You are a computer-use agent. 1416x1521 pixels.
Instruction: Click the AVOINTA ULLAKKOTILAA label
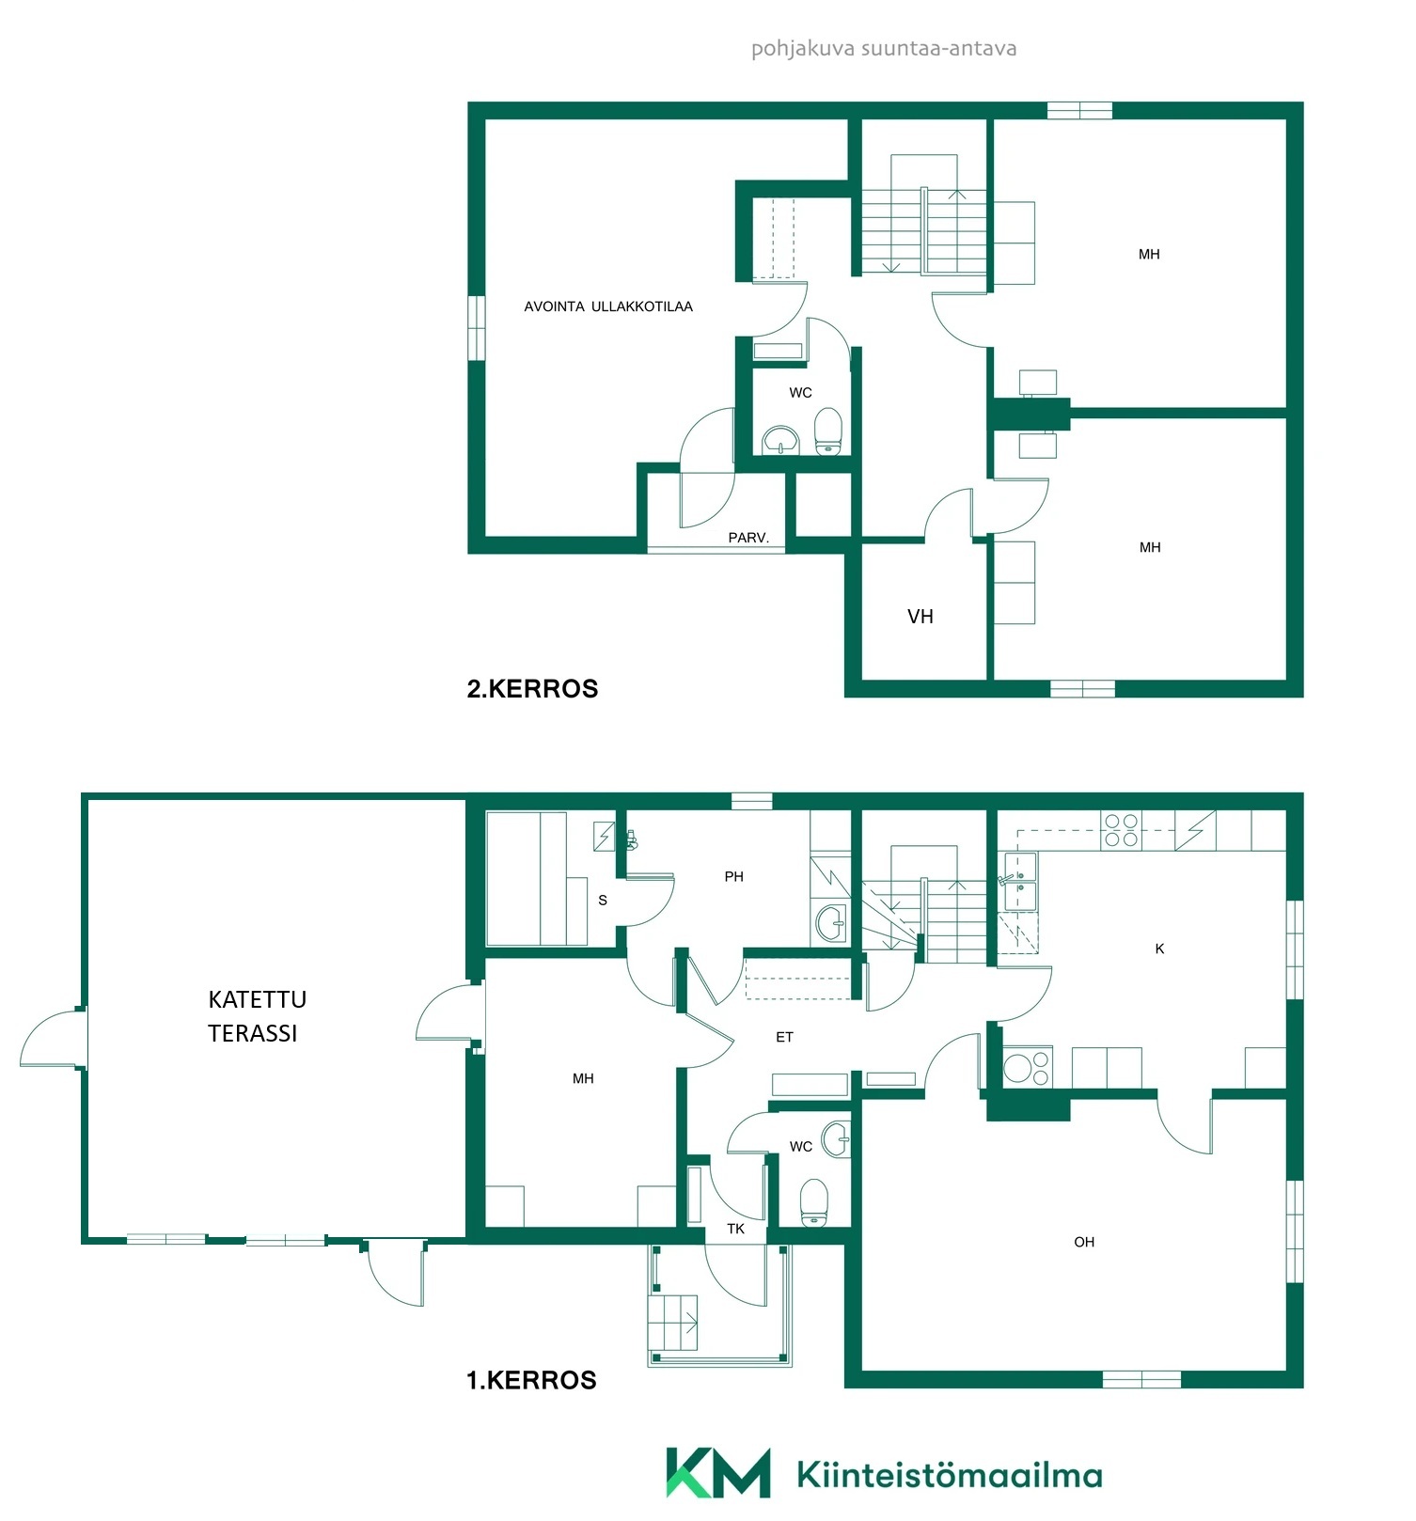pyautogui.click(x=608, y=306)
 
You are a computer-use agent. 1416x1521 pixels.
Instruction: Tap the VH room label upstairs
pyautogui.click(x=920, y=617)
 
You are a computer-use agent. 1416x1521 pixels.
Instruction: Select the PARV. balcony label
pyautogui.click(x=748, y=538)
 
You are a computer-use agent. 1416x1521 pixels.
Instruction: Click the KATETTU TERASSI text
pyautogui.click(x=257, y=1016)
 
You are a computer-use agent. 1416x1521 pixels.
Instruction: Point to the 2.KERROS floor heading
pyautogui.click(x=532, y=689)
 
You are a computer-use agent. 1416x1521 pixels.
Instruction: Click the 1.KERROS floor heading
pyautogui.click(x=531, y=1380)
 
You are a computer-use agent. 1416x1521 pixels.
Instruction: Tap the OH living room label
pyautogui.click(x=1084, y=1242)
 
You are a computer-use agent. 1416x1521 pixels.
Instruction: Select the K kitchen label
pyautogui.click(x=1159, y=949)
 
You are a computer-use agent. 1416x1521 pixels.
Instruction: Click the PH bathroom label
pyautogui.click(x=734, y=876)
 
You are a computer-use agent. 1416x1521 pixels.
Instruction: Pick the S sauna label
pyautogui.click(x=603, y=900)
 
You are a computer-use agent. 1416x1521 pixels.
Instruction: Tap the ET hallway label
pyautogui.click(x=784, y=1037)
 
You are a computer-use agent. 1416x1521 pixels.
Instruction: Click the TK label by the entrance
pyautogui.click(x=736, y=1229)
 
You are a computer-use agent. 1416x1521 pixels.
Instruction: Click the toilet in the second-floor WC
pyautogui.click(x=827, y=431)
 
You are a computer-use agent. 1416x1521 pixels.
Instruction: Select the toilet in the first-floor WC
pyautogui.click(x=814, y=1203)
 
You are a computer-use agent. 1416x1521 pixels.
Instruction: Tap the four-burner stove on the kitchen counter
pyautogui.click(x=1121, y=830)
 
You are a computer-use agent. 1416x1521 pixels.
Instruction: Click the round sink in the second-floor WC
pyautogui.click(x=780, y=440)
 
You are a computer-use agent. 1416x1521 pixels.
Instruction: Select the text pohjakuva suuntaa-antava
pyautogui.click(x=884, y=49)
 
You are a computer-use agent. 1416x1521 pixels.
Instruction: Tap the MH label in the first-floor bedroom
pyautogui.click(x=583, y=1078)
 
